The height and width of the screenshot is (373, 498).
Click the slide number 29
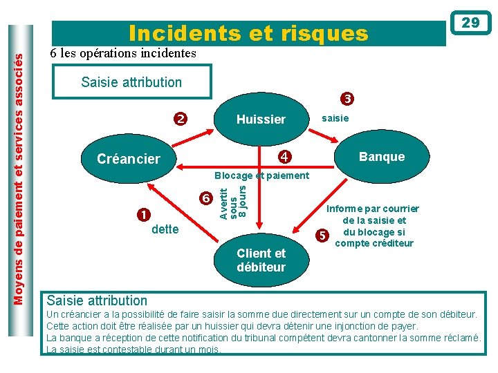[x=470, y=23]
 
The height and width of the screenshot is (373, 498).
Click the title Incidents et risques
[x=248, y=33]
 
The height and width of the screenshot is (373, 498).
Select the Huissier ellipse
[x=261, y=119]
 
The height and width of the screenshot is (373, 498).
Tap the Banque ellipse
[x=381, y=157]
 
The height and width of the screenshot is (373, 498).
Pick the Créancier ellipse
[x=129, y=159]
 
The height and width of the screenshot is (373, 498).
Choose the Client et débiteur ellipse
[x=261, y=260]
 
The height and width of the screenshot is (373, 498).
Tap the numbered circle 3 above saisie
[x=347, y=98]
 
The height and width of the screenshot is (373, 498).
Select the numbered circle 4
[x=284, y=157]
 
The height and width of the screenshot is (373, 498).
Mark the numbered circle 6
[x=205, y=198]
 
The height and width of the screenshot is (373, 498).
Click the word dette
[x=165, y=229]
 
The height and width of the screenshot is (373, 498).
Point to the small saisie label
[x=335, y=118]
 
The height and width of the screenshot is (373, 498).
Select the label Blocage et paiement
[x=262, y=175]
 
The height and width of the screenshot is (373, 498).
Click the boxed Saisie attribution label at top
[x=131, y=82]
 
